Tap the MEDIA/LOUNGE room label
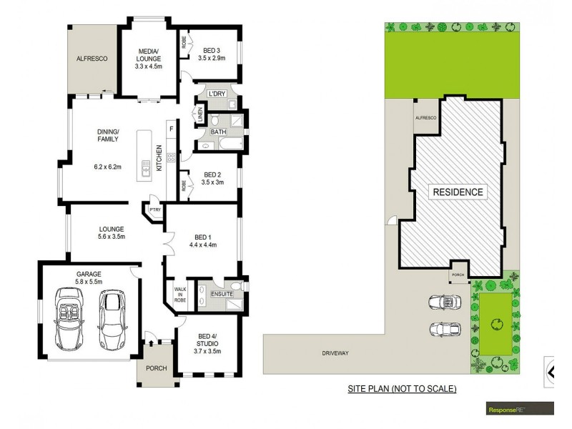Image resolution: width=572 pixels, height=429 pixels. coord(149,54)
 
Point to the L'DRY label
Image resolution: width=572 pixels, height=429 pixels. coord(216,94)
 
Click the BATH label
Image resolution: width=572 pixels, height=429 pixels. coord(218,132)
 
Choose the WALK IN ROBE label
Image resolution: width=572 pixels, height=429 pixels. coord(179,295)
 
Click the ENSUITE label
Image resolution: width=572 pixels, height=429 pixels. coord(221,295)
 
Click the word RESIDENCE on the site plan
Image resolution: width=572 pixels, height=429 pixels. coord(457,192)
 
